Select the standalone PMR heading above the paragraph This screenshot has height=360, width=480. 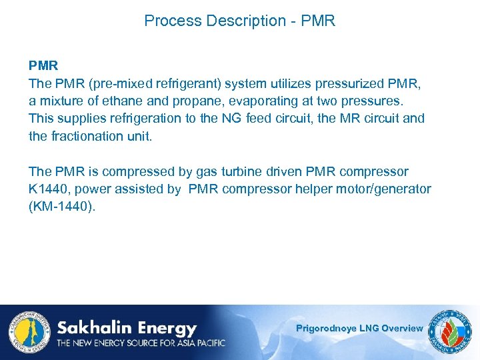[x=43, y=66]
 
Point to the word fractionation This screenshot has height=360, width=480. [x=87, y=135]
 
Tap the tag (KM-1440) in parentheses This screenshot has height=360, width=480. [x=62, y=206]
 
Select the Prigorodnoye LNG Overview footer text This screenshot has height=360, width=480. [x=359, y=328]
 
